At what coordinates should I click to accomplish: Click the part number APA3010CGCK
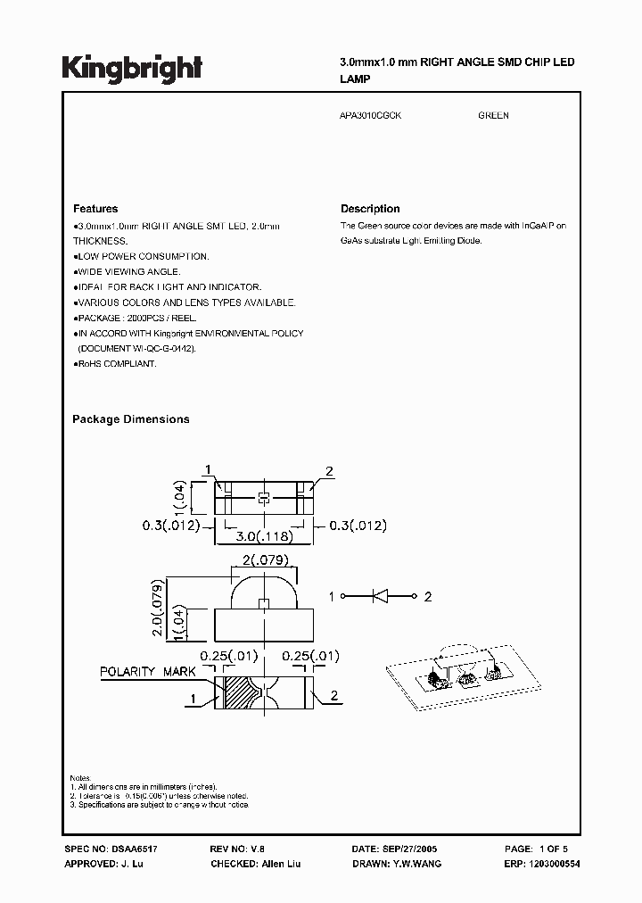click(371, 116)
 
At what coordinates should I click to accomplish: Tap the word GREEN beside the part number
click(493, 116)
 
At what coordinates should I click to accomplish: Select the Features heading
click(95, 209)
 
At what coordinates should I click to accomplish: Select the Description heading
click(370, 209)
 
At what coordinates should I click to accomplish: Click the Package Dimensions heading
click(131, 419)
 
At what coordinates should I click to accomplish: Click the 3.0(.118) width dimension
click(264, 537)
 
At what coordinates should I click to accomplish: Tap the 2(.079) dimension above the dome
click(264, 560)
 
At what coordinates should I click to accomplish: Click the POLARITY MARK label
click(141, 671)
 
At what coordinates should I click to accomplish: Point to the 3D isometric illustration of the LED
click(449, 675)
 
